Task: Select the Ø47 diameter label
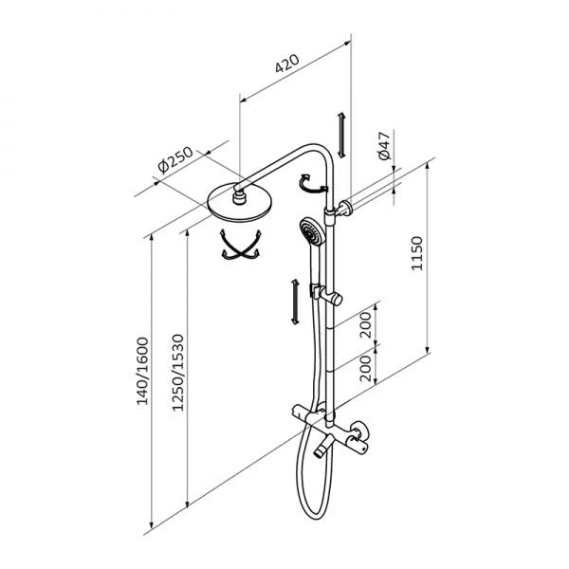(382, 147)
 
